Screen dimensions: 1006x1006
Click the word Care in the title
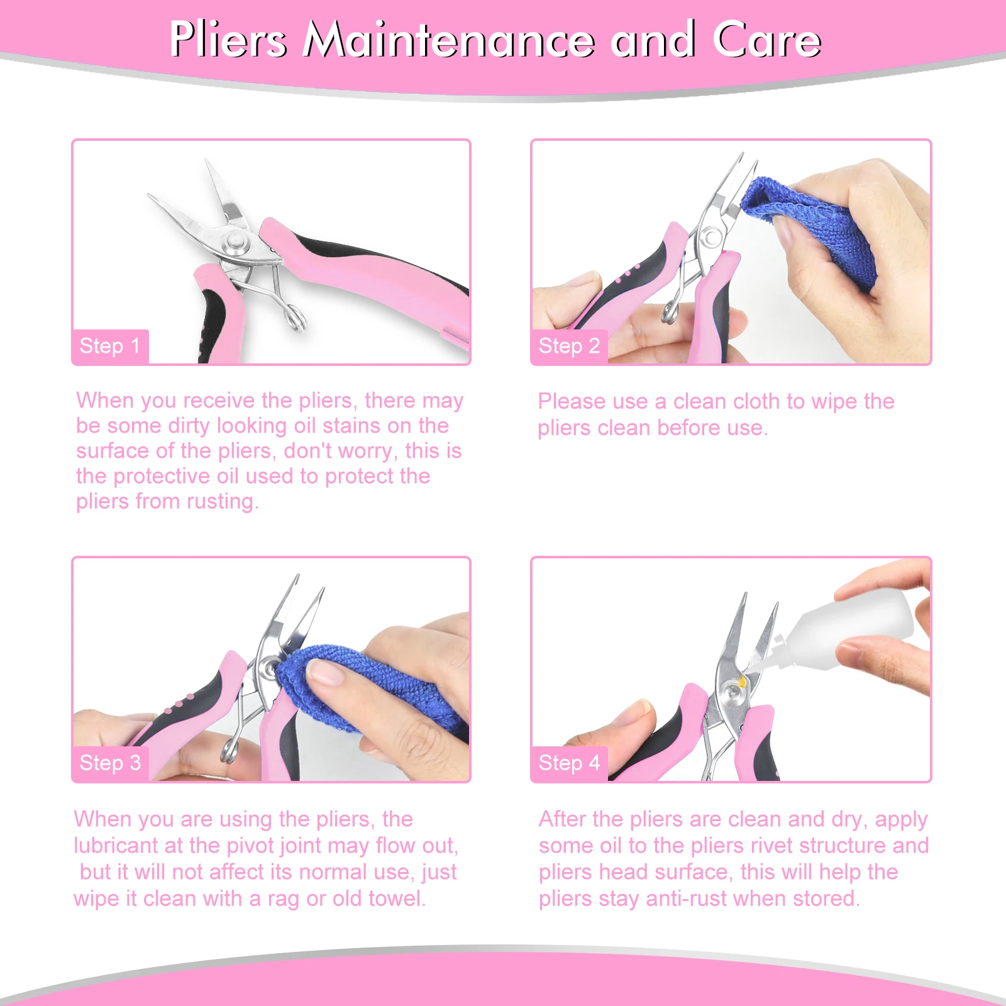[x=766, y=40]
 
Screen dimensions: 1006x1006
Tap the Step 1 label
[x=110, y=346]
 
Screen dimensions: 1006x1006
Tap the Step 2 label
[x=569, y=346]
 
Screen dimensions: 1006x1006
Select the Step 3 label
[x=110, y=763]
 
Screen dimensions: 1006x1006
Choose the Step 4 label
[x=569, y=763]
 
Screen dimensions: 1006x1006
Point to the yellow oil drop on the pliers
[x=743, y=681]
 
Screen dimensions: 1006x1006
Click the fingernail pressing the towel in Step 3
[x=326, y=675]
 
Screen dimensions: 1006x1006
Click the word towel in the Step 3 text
[x=395, y=898]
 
